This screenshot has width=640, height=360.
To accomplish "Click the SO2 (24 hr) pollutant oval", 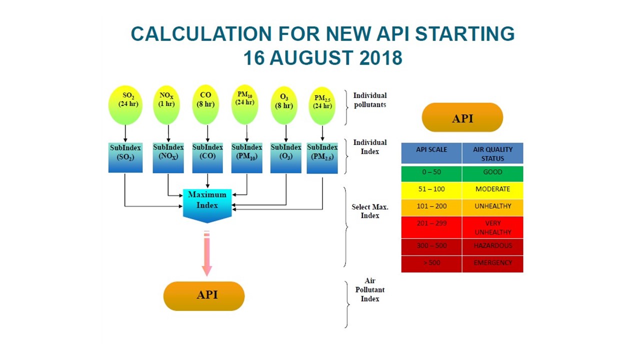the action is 125,105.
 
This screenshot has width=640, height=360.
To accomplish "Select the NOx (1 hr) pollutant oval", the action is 166,105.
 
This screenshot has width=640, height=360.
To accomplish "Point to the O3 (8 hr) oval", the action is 284,105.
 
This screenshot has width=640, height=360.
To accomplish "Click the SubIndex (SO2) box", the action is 125,157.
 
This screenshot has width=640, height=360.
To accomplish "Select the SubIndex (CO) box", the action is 207,157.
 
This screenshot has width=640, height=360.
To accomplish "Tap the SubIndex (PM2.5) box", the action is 322,158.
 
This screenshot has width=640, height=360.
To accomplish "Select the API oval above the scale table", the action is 462,117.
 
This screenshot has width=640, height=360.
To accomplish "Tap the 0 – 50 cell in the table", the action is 431,172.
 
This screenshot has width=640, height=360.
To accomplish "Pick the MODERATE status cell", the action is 492,189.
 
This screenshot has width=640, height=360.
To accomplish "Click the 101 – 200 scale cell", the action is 431,206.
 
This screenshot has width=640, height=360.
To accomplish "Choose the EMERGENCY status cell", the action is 492,263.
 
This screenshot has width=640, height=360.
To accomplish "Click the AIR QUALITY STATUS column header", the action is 492,153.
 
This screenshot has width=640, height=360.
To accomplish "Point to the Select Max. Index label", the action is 370,211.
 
